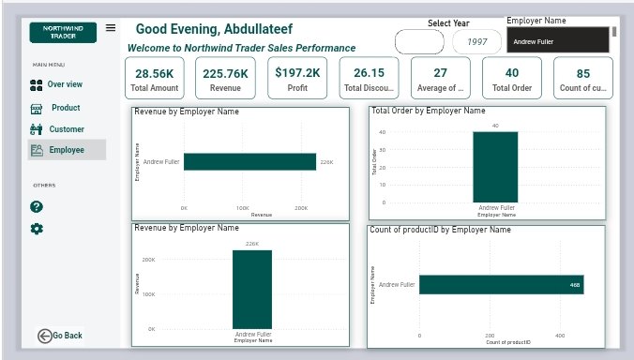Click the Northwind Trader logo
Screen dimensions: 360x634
[x=62, y=33]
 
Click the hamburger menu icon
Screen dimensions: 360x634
[x=111, y=28]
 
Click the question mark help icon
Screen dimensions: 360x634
[x=37, y=206]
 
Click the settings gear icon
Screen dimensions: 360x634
[x=37, y=229]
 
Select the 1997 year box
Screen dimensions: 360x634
[x=476, y=42]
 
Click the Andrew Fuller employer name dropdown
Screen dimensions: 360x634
[x=558, y=41]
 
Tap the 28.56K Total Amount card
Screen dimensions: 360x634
[x=155, y=79]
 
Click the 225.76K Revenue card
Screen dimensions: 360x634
[x=225, y=79]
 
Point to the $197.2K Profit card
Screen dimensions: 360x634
[x=296, y=79]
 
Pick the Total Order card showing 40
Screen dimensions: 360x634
[x=511, y=79]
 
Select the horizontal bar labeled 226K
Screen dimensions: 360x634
[x=249, y=162]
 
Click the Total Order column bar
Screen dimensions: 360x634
[x=496, y=166]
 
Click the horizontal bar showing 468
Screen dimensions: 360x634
[x=501, y=284]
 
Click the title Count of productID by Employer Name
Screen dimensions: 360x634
[x=440, y=230]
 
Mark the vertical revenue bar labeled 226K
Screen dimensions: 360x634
[x=252, y=289]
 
